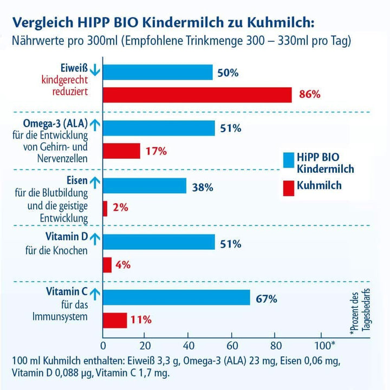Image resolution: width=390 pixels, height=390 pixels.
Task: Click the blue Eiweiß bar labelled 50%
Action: [x=158, y=72]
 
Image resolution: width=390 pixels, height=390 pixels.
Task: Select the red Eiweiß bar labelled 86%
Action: [x=197, y=94]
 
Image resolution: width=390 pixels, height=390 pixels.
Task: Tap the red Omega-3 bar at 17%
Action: [x=121, y=151]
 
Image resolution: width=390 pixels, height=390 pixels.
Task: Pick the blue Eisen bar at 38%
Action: [x=145, y=186]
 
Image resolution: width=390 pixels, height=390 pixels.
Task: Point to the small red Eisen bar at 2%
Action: [x=105, y=208]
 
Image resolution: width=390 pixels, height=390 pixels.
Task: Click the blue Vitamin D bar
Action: [x=159, y=242]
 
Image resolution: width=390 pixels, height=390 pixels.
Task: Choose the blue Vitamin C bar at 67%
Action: [x=177, y=298]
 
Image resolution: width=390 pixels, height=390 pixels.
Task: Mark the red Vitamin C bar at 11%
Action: [x=115, y=320]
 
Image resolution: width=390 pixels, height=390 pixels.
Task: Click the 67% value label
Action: [x=266, y=298]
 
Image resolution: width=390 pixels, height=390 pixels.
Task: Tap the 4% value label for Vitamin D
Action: [x=123, y=265]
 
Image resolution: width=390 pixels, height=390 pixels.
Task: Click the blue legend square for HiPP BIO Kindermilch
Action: [x=289, y=160]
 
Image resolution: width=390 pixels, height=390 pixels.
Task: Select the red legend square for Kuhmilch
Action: [x=289, y=187]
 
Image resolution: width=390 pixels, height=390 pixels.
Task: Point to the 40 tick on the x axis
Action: [x=189, y=345]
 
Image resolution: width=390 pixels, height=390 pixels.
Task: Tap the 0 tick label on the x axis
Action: [x=103, y=345]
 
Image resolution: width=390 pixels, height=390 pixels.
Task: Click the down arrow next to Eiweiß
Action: [x=94, y=70]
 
